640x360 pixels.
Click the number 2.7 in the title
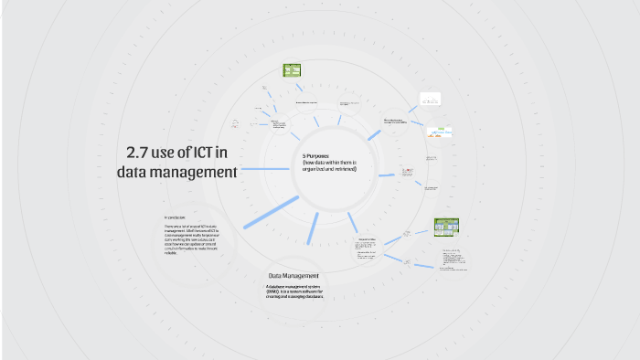[139, 152]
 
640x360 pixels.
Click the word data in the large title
[133, 172]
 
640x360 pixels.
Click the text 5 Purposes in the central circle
[318, 156]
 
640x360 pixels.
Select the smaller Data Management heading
[293, 276]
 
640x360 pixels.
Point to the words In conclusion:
[176, 217]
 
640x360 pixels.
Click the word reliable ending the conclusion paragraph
[171, 253]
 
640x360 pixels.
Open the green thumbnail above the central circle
[292, 69]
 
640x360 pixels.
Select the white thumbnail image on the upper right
[431, 99]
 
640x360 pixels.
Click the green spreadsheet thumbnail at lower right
[445, 227]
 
